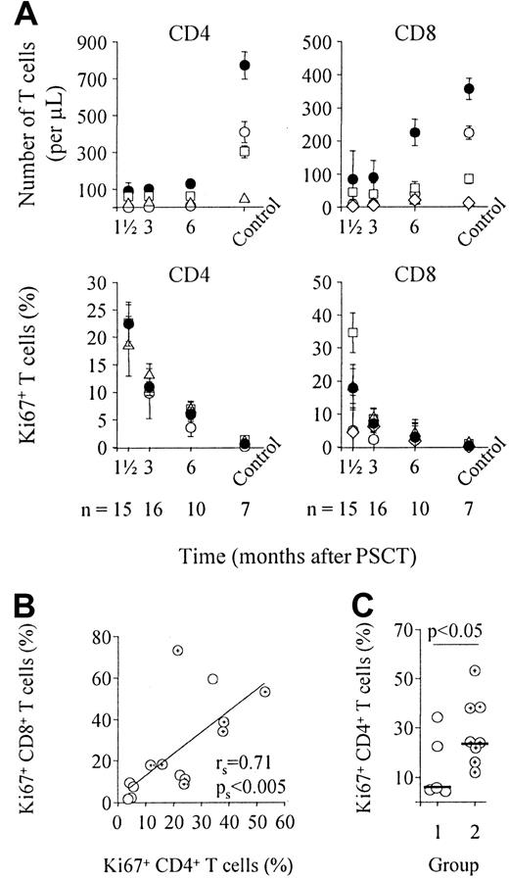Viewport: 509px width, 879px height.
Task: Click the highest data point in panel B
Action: [177, 678]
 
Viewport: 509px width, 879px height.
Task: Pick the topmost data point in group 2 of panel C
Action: [448, 699]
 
